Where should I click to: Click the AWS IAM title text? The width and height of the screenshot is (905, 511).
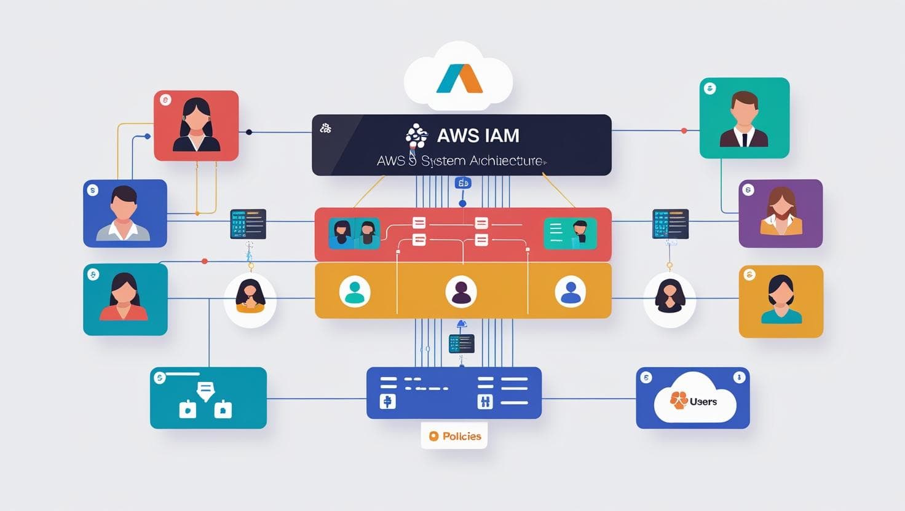(x=478, y=135)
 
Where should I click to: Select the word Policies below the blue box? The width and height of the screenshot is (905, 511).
(x=461, y=436)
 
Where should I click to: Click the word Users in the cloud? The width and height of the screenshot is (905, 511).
(x=703, y=402)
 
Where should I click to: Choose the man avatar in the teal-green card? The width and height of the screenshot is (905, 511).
(x=744, y=119)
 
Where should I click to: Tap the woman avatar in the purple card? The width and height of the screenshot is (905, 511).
(x=781, y=212)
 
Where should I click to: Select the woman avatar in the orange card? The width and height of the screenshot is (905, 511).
(x=781, y=299)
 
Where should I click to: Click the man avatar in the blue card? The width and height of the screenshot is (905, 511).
(x=124, y=213)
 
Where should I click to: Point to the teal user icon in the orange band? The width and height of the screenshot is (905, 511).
(x=355, y=291)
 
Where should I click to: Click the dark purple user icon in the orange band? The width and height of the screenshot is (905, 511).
(x=461, y=291)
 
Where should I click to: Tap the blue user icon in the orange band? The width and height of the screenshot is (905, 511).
(x=571, y=291)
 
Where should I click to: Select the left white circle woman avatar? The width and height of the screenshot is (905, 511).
(x=250, y=297)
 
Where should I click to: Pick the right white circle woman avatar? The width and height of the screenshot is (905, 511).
(x=670, y=297)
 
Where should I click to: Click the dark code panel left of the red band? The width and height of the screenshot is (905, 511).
(x=248, y=224)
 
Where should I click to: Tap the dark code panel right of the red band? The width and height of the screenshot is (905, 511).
(x=670, y=224)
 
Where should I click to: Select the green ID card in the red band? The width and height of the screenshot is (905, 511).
(x=570, y=233)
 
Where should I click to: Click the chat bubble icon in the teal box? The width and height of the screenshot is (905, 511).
(x=205, y=390)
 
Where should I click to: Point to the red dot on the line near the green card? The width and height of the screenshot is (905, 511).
(x=684, y=131)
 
